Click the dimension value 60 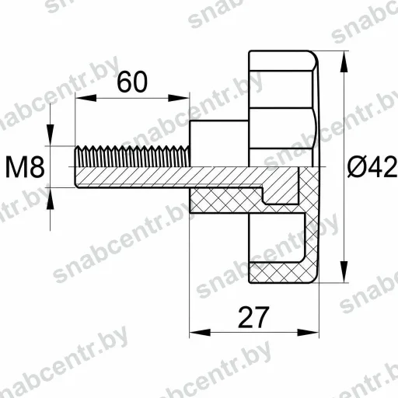click(132, 82)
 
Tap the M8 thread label click(25, 166)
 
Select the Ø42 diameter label click(372, 166)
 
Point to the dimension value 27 click(253, 316)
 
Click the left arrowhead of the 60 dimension click(86, 98)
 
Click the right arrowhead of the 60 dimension click(179, 98)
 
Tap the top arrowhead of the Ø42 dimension click(344, 61)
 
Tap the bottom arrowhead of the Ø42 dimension click(344, 271)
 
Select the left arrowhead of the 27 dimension click(200, 332)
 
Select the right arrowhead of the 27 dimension click(308, 332)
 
